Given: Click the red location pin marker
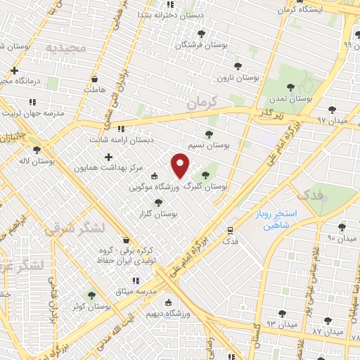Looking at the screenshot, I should click(181, 165).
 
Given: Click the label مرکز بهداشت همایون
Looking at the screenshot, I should click(108, 169).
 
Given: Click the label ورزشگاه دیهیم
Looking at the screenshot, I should click(164, 314).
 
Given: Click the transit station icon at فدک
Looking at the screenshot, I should click(230, 230).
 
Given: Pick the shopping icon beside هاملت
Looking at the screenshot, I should click(94, 79).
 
